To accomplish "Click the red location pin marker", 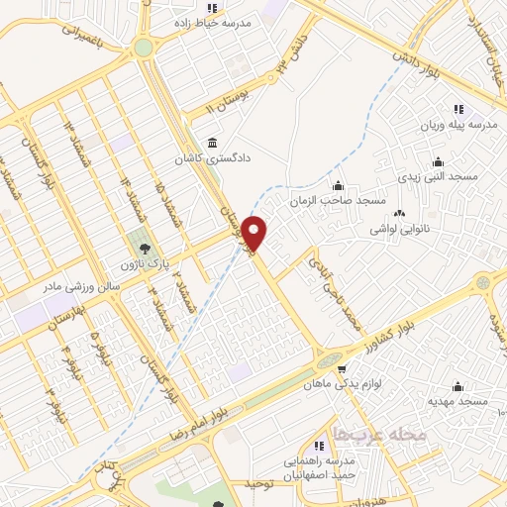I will (x=255, y=232).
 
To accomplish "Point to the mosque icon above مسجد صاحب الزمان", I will (x=339, y=184).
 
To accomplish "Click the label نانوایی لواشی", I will (x=400, y=229).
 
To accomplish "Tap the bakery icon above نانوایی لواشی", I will (x=400, y=213).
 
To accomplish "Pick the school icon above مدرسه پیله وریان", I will (x=457, y=109).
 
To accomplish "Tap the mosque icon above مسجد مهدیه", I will (x=457, y=386).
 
